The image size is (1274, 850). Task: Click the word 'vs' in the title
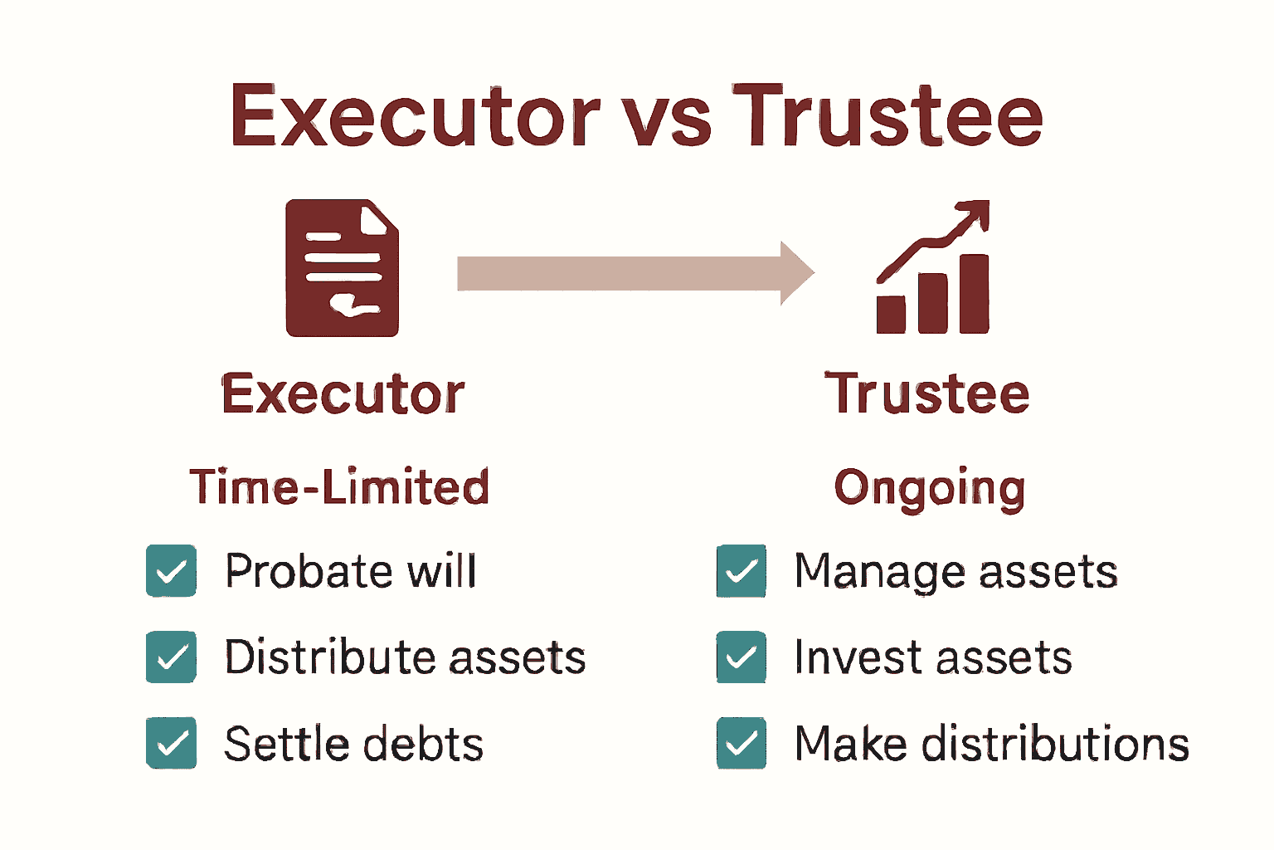(667, 117)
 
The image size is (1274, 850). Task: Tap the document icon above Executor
(342, 268)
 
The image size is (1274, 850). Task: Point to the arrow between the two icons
(635, 273)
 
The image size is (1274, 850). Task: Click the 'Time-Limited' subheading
(339, 486)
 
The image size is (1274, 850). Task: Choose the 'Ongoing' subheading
(929, 488)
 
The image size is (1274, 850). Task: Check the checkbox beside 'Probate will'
(171, 571)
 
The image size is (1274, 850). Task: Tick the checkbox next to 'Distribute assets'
(171, 657)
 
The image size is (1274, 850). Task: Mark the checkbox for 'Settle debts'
(171, 743)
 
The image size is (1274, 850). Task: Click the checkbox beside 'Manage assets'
(742, 571)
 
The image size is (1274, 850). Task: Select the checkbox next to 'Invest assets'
(742, 657)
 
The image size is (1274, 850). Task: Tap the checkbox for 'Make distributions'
(742, 743)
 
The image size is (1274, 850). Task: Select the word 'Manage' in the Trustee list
(879, 573)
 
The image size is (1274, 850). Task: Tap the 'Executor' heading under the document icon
(343, 393)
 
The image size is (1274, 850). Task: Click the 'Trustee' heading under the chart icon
(927, 393)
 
